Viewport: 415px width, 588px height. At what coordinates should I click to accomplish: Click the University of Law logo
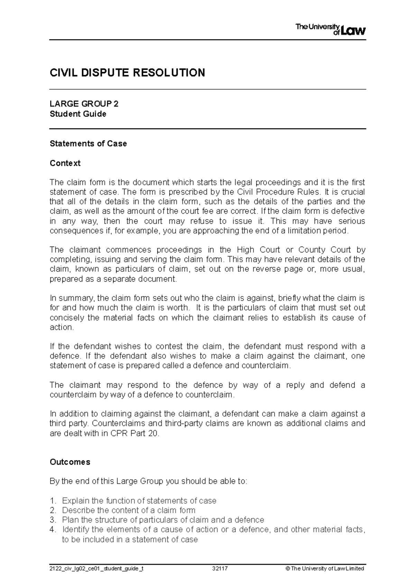click(330, 30)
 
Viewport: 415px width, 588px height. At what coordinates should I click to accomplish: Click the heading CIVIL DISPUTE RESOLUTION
click(127, 73)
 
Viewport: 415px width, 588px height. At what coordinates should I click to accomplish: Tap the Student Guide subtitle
click(78, 114)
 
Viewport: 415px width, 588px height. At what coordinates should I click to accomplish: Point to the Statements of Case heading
click(88, 143)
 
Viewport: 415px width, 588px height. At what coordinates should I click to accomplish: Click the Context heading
click(65, 163)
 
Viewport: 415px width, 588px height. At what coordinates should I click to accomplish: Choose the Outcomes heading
click(70, 462)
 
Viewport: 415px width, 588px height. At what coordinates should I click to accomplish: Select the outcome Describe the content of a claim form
click(129, 510)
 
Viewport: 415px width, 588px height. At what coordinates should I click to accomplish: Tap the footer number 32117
click(220, 569)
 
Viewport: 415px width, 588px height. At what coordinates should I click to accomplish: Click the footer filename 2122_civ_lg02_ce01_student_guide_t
click(96, 569)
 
